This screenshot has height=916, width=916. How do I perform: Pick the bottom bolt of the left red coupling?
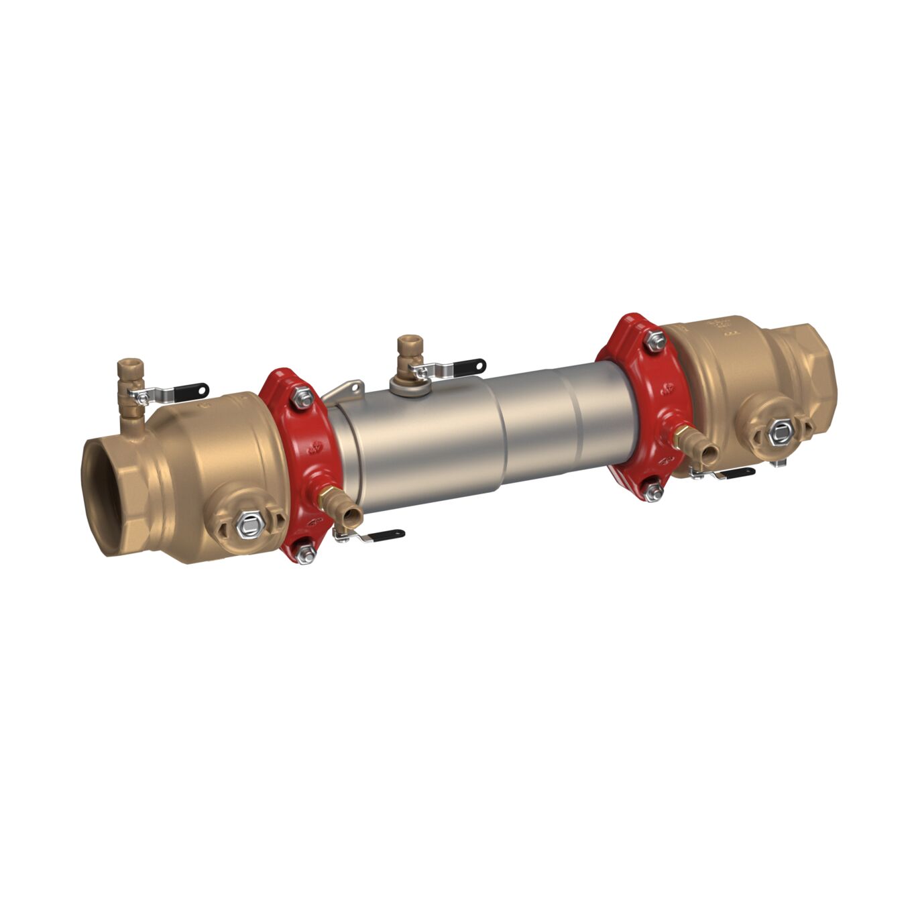[306, 552]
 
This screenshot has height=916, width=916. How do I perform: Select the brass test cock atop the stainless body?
[406, 349]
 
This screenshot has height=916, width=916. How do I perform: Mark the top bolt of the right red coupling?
[654, 341]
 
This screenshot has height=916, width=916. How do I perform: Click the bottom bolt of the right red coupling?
[652, 491]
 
